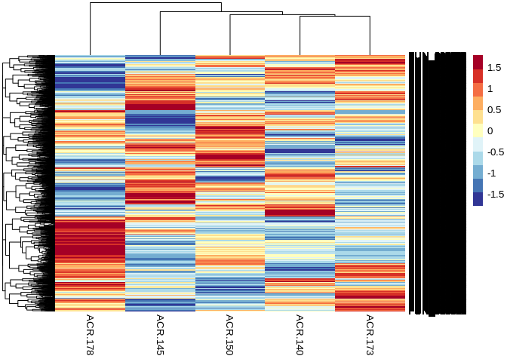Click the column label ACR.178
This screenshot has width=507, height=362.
[90, 335]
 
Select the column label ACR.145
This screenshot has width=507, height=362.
[160, 335]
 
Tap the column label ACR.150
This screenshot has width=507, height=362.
[229, 335]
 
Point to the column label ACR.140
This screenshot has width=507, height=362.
[300, 335]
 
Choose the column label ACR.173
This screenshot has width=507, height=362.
[370, 335]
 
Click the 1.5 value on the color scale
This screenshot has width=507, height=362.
[494, 68]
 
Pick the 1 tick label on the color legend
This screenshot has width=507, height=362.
[490, 89]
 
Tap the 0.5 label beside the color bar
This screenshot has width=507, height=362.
[494, 110]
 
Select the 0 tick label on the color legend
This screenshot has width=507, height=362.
[490, 131]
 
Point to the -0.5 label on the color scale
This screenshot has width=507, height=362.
[496, 152]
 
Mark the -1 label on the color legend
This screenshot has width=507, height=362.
[492, 173]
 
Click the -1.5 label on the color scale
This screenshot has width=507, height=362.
[496, 194]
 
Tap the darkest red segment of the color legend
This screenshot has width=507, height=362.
[478, 62]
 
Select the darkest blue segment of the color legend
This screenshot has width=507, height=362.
[478, 199]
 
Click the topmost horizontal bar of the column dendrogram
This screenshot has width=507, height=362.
[155, 3]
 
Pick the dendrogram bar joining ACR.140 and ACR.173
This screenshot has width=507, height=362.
[335, 17]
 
